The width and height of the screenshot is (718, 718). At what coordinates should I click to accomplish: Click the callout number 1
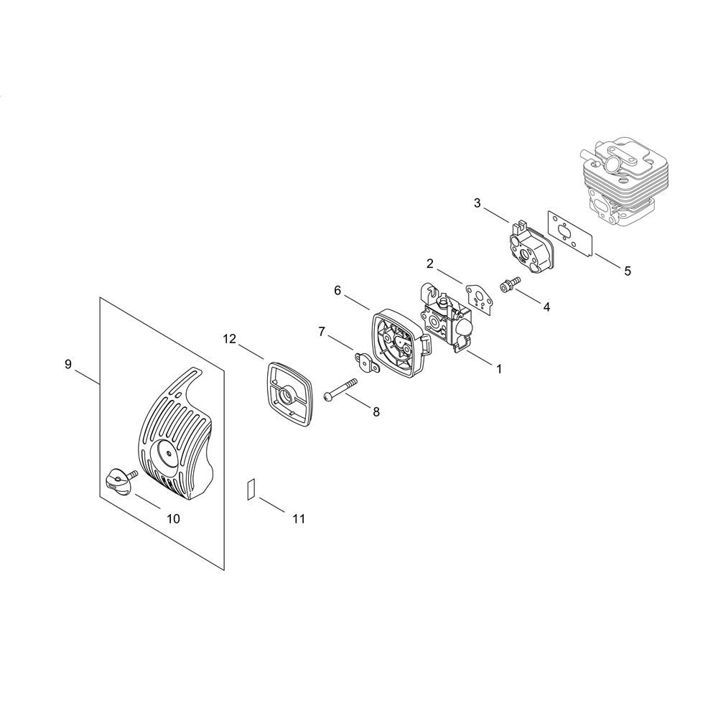(499, 368)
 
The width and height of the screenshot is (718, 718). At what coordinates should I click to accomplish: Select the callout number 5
(628, 271)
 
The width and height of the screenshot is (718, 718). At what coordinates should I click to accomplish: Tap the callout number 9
(68, 365)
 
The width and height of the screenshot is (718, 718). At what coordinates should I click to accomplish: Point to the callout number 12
(230, 339)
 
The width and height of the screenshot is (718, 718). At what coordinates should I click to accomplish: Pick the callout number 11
(299, 519)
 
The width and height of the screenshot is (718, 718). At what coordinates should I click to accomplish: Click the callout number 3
(477, 203)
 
